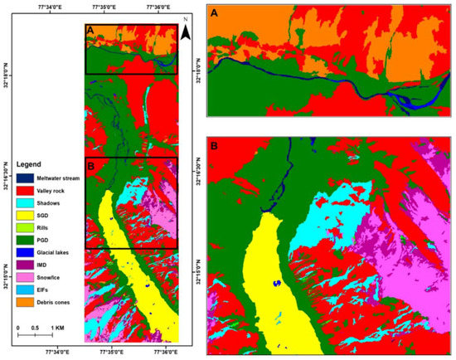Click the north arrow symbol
187,32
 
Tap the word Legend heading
29,164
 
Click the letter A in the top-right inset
215,14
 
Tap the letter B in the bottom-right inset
215,146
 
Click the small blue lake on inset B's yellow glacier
278,284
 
